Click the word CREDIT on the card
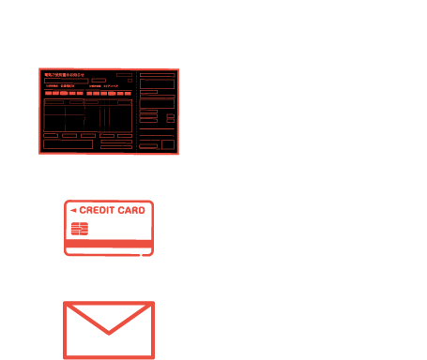tap(96, 210)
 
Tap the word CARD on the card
tap(130, 210)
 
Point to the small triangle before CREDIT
tap(73, 211)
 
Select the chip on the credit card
tap(79, 229)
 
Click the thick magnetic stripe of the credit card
tap(108, 245)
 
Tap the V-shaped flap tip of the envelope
tap(109, 332)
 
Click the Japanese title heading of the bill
tap(64, 75)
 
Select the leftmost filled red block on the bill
tap(49, 93)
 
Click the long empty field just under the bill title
tap(66, 82)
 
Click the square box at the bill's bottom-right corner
tap(167, 144)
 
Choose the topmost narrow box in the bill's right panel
tap(157, 74)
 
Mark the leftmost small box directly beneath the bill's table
tap(50, 135)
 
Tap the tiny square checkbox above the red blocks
tap(130, 81)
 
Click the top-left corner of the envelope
tap(65, 303)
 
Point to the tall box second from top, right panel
tap(157, 83)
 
